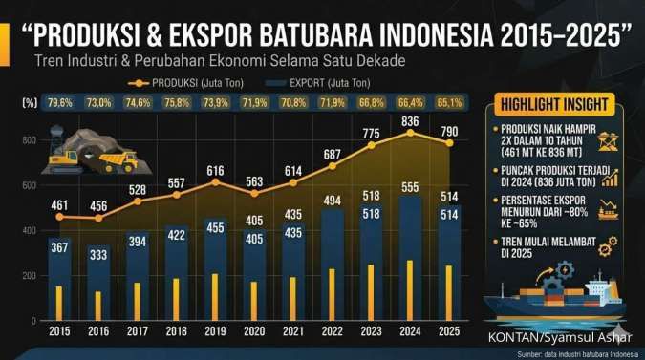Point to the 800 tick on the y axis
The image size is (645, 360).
coord(29,140)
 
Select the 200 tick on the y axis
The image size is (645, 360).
coord(29,275)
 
